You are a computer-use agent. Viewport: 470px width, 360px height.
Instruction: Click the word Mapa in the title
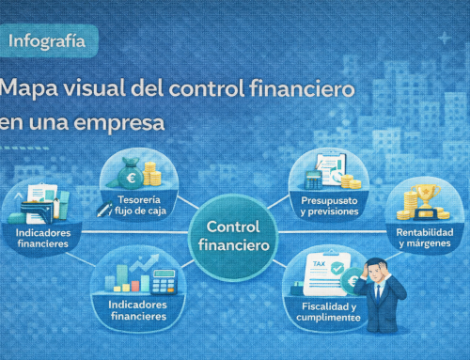click(x=32, y=90)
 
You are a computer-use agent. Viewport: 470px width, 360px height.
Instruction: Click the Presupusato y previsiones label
click(x=328, y=206)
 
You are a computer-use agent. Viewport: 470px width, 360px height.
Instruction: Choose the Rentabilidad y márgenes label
click(x=425, y=238)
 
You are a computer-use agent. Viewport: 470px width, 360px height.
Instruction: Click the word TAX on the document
click(x=318, y=265)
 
